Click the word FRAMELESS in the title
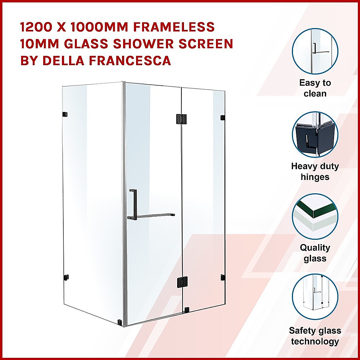tap(174, 27)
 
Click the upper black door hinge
tap(181, 119)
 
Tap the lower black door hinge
tap(182, 282)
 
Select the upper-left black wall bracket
tap(65, 114)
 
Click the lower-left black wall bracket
tap(66, 277)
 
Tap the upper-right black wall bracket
tap(222, 118)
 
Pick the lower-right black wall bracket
tap(223, 277)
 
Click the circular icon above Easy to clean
tap(315, 51)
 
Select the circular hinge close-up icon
tap(315, 135)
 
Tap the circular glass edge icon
tap(315, 216)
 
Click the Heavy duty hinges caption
tap(315, 171)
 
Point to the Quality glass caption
tap(315, 253)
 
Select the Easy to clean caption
tap(315, 88)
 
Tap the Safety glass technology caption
tap(315, 336)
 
